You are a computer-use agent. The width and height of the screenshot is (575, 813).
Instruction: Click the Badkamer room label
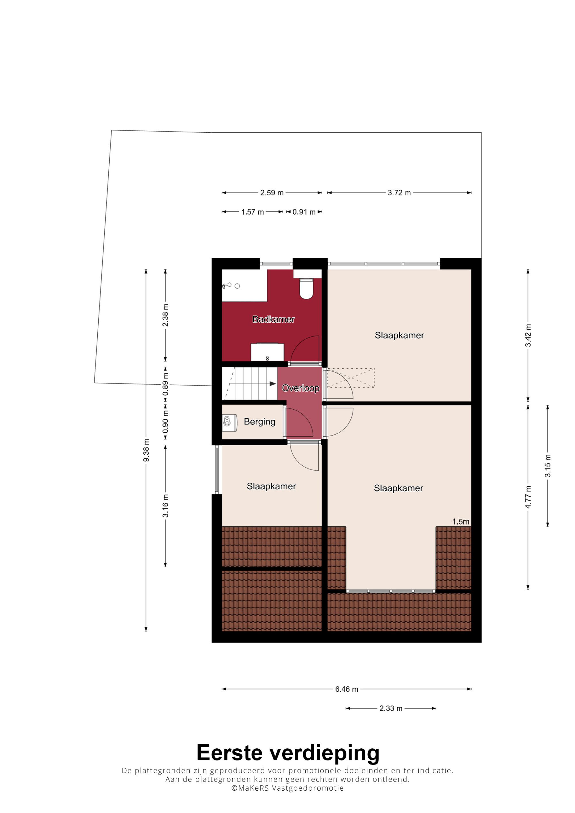[x=273, y=319]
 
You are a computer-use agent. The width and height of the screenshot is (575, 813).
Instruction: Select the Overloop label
[x=300, y=388]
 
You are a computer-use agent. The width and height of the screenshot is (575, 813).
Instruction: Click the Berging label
[x=259, y=421]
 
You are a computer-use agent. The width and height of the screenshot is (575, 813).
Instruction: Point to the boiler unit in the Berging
[x=229, y=423]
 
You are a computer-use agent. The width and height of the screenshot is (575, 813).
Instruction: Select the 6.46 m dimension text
[x=346, y=689]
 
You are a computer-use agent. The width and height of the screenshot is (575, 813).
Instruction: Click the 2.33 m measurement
[x=391, y=708]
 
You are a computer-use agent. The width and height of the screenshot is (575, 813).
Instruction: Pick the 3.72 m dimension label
[x=399, y=193]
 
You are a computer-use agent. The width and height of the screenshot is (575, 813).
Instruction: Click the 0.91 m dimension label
[x=304, y=212]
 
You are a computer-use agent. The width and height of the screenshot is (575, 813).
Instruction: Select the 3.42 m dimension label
[x=528, y=335]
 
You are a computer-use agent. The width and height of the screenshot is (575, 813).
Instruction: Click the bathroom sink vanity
[x=267, y=352]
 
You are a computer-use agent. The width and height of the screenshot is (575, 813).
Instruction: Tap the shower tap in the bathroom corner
[x=227, y=285]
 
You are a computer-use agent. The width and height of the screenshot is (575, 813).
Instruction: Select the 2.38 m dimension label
[x=165, y=315]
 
